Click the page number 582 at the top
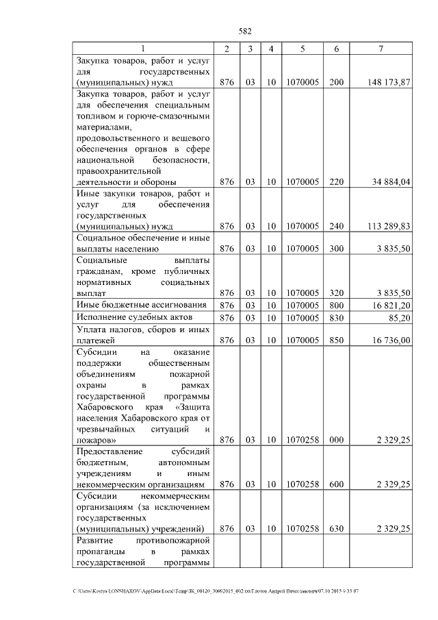tap(245, 31)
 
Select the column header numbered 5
tap(301, 49)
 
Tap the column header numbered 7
tap(381, 49)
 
